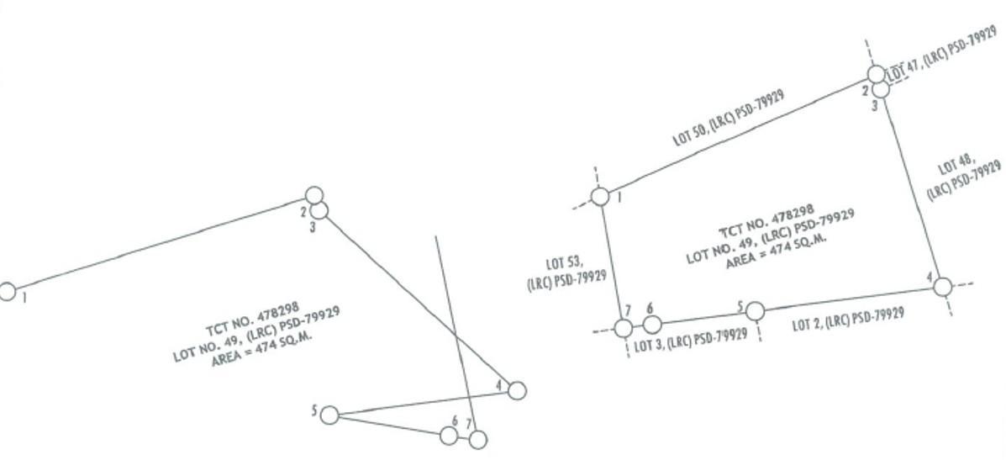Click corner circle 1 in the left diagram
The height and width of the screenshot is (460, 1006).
pos(7,292)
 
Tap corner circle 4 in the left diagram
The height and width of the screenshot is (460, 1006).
pos(517,390)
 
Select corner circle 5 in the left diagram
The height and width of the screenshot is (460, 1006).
pos(329,415)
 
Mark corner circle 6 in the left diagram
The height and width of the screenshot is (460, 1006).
pos(449,436)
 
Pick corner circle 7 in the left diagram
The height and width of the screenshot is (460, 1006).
pos(477,439)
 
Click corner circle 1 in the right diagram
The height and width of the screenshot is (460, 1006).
pos(600,197)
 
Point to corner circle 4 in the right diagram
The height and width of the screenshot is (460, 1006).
pos(942,287)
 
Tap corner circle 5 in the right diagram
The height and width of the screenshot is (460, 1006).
pos(755,311)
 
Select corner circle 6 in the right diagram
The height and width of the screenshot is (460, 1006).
pos(652,324)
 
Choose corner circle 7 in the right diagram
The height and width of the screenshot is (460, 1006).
pos(624,328)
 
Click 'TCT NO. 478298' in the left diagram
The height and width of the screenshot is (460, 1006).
pos(252,320)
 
